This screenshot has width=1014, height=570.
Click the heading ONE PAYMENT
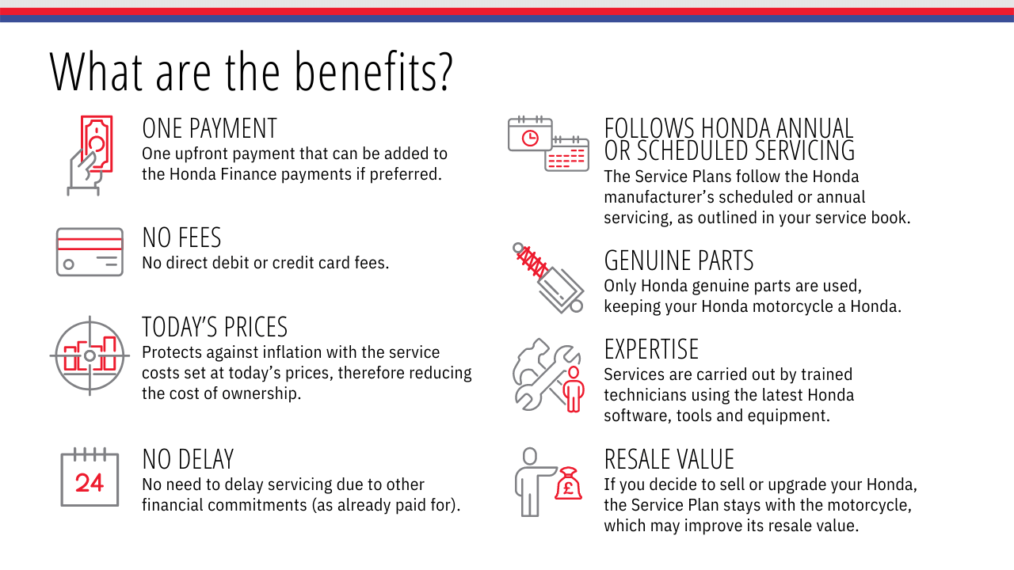pos(210,128)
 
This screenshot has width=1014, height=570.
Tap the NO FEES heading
pos(181,237)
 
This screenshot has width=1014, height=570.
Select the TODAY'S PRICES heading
pos(215,327)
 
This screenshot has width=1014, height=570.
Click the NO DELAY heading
pos(188,459)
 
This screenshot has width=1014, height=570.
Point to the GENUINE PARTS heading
pos(679,260)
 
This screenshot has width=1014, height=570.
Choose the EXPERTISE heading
pos(651,349)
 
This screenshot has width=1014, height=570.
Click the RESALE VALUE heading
pos(669,459)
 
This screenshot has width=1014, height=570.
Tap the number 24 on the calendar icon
pos(90,483)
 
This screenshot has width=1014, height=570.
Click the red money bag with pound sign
pos(569,483)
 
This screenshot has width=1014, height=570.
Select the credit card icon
pos(90,252)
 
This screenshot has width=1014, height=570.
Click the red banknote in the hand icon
pos(97,143)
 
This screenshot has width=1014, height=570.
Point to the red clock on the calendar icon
pos(530,138)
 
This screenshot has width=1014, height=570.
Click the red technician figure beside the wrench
pos(574,389)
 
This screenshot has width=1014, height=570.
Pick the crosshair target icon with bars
pos(90,355)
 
